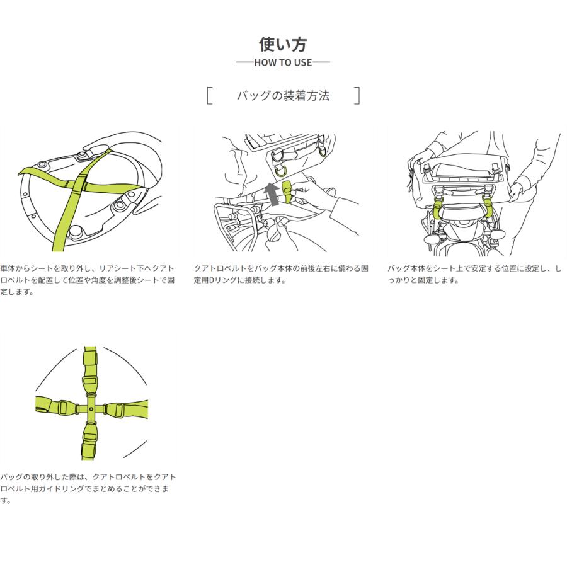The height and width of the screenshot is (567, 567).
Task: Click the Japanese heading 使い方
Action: point(283,44)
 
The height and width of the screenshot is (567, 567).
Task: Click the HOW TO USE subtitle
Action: point(283,62)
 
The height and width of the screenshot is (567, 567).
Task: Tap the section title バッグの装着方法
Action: point(283,96)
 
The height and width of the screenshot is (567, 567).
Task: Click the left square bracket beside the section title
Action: point(209,96)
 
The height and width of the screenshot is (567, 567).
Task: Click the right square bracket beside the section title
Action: point(357,96)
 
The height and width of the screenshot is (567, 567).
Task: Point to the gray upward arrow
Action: point(270,194)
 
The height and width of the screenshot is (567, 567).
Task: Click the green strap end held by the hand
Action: point(287,191)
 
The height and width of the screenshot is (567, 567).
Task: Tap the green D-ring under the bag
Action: point(280,170)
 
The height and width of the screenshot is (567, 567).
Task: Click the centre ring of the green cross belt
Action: point(91,409)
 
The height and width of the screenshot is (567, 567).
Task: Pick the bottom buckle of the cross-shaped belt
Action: point(89,438)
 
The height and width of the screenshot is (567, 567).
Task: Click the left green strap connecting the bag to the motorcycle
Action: point(437,209)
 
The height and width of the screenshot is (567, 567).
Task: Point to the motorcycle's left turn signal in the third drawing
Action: point(432,239)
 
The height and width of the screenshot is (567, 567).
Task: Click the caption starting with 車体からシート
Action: point(88,280)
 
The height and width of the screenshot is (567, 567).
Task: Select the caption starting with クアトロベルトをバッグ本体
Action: point(281,274)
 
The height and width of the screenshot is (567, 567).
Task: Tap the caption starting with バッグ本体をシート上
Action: point(474,274)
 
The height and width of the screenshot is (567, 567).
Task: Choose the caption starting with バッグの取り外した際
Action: point(88,488)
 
